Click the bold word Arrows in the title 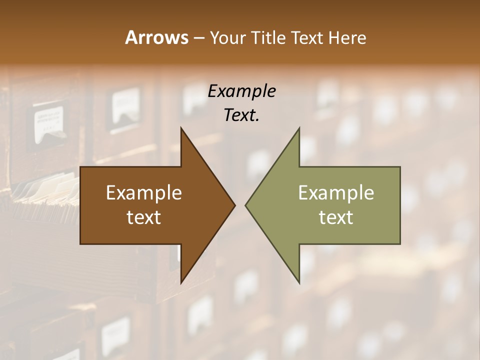[x=156, y=37]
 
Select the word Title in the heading [x=269, y=37]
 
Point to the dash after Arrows [x=198, y=38]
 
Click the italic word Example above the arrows [x=242, y=91]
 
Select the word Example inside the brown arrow [x=144, y=193]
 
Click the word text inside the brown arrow [x=144, y=217]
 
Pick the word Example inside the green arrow [x=336, y=193]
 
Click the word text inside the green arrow [x=336, y=217]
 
